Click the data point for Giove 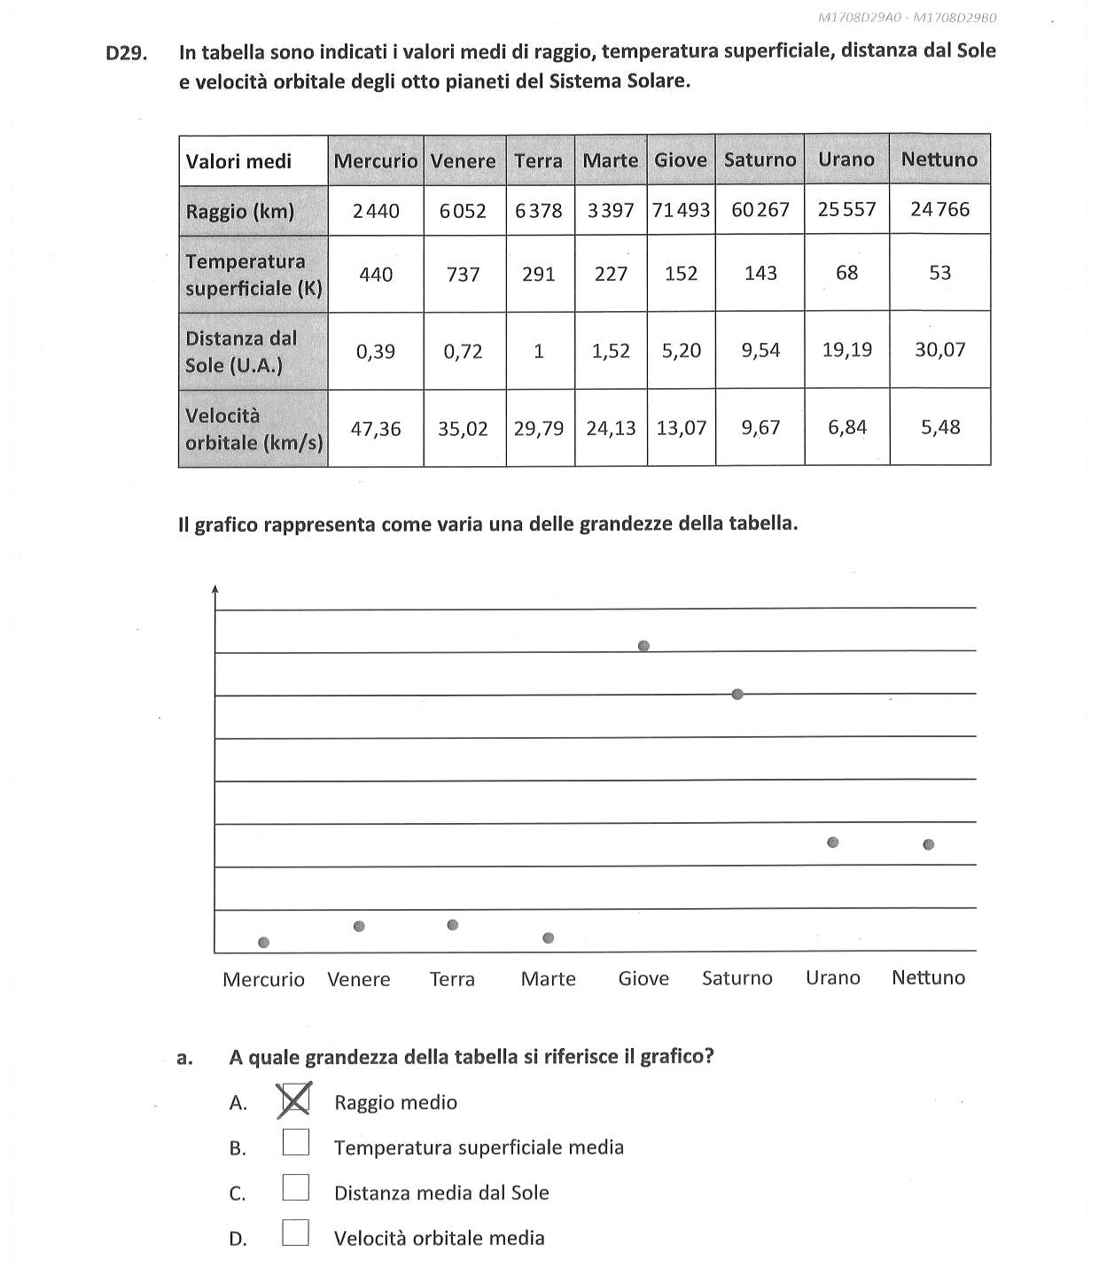coord(643,646)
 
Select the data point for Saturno coord(737,694)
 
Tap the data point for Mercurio coord(263,942)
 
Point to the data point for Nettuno coord(928,844)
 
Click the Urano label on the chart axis coord(832,977)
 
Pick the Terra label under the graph coord(452,979)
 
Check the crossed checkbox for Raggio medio coord(295,1101)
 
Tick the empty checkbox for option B coord(296,1142)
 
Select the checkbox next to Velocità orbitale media coord(296,1232)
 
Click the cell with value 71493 coord(681,210)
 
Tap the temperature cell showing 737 coord(464,274)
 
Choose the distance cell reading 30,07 coord(939,350)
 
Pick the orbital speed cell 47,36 coord(376,429)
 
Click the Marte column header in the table coord(610,160)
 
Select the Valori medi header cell coord(239,161)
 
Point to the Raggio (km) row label coord(240,211)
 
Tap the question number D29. coord(126,53)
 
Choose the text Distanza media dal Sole coord(441,1193)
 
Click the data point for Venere coord(359,926)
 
